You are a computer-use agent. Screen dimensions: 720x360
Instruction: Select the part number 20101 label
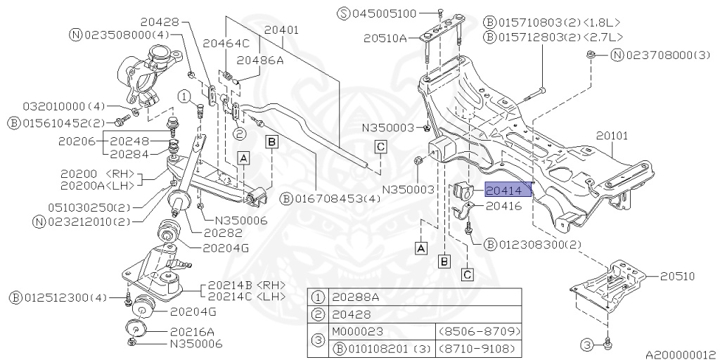[612, 136]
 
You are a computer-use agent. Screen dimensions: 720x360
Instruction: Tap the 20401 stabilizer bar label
[281, 30]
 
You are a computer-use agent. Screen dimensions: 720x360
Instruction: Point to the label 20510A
[385, 39]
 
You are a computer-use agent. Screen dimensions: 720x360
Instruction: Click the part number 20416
[503, 206]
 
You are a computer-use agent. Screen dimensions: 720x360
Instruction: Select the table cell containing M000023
[357, 332]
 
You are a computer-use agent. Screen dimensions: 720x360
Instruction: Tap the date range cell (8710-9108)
[478, 347]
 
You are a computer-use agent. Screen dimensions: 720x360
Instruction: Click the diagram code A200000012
[681, 354]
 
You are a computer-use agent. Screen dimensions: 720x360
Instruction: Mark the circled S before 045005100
[344, 13]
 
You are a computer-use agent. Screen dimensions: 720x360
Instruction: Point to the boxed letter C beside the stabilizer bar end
[380, 148]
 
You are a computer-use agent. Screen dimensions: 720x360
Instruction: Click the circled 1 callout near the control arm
[185, 97]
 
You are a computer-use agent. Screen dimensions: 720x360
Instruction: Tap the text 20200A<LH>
[97, 185]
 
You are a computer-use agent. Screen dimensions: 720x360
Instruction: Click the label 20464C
[226, 43]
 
